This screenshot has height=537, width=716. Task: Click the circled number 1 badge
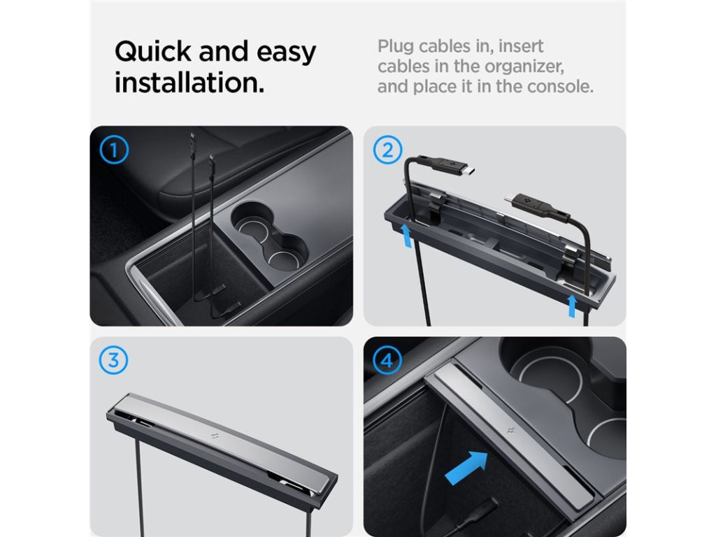pyautogui.click(x=114, y=150)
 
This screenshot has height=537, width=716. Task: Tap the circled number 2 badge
pyautogui.click(x=387, y=150)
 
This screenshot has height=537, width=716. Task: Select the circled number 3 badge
pyautogui.click(x=113, y=360)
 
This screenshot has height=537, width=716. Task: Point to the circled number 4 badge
pyautogui.click(x=387, y=360)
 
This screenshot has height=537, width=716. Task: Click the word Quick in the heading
pyautogui.click(x=153, y=52)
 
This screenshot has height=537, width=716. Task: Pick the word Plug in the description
pyautogui.click(x=396, y=47)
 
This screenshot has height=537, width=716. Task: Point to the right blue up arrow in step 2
pyautogui.click(x=572, y=306)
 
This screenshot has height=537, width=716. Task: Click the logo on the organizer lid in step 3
pyautogui.click(x=215, y=436)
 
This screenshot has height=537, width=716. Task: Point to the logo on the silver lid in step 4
pyautogui.click(x=510, y=430)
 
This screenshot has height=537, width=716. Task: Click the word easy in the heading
pyautogui.click(x=286, y=52)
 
